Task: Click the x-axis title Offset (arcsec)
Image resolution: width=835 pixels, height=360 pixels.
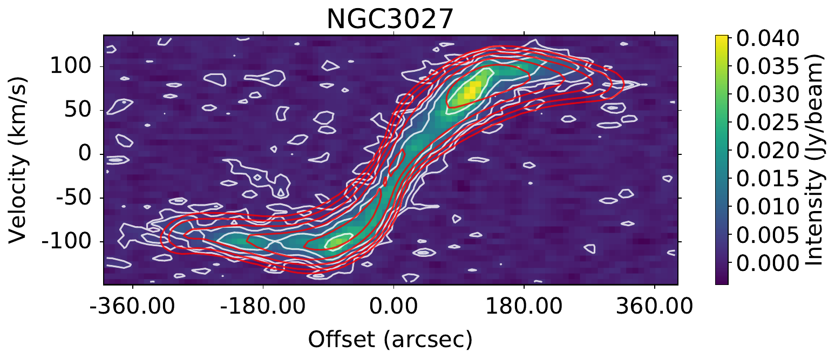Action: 390,339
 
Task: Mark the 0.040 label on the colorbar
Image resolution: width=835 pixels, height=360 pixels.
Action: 766,39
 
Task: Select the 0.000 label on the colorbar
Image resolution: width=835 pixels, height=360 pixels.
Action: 766,263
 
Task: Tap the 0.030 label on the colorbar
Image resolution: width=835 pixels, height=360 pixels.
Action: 766,95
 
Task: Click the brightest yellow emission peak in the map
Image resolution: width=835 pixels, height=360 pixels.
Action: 471,90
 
